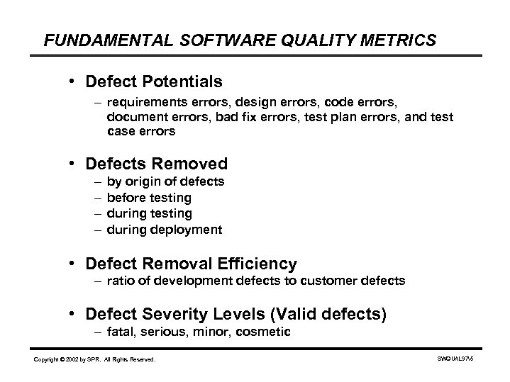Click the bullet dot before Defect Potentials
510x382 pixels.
click(x=73, y=82)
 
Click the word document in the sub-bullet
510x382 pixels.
click(x=135, y=116)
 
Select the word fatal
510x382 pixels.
click(x=121, y=331)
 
